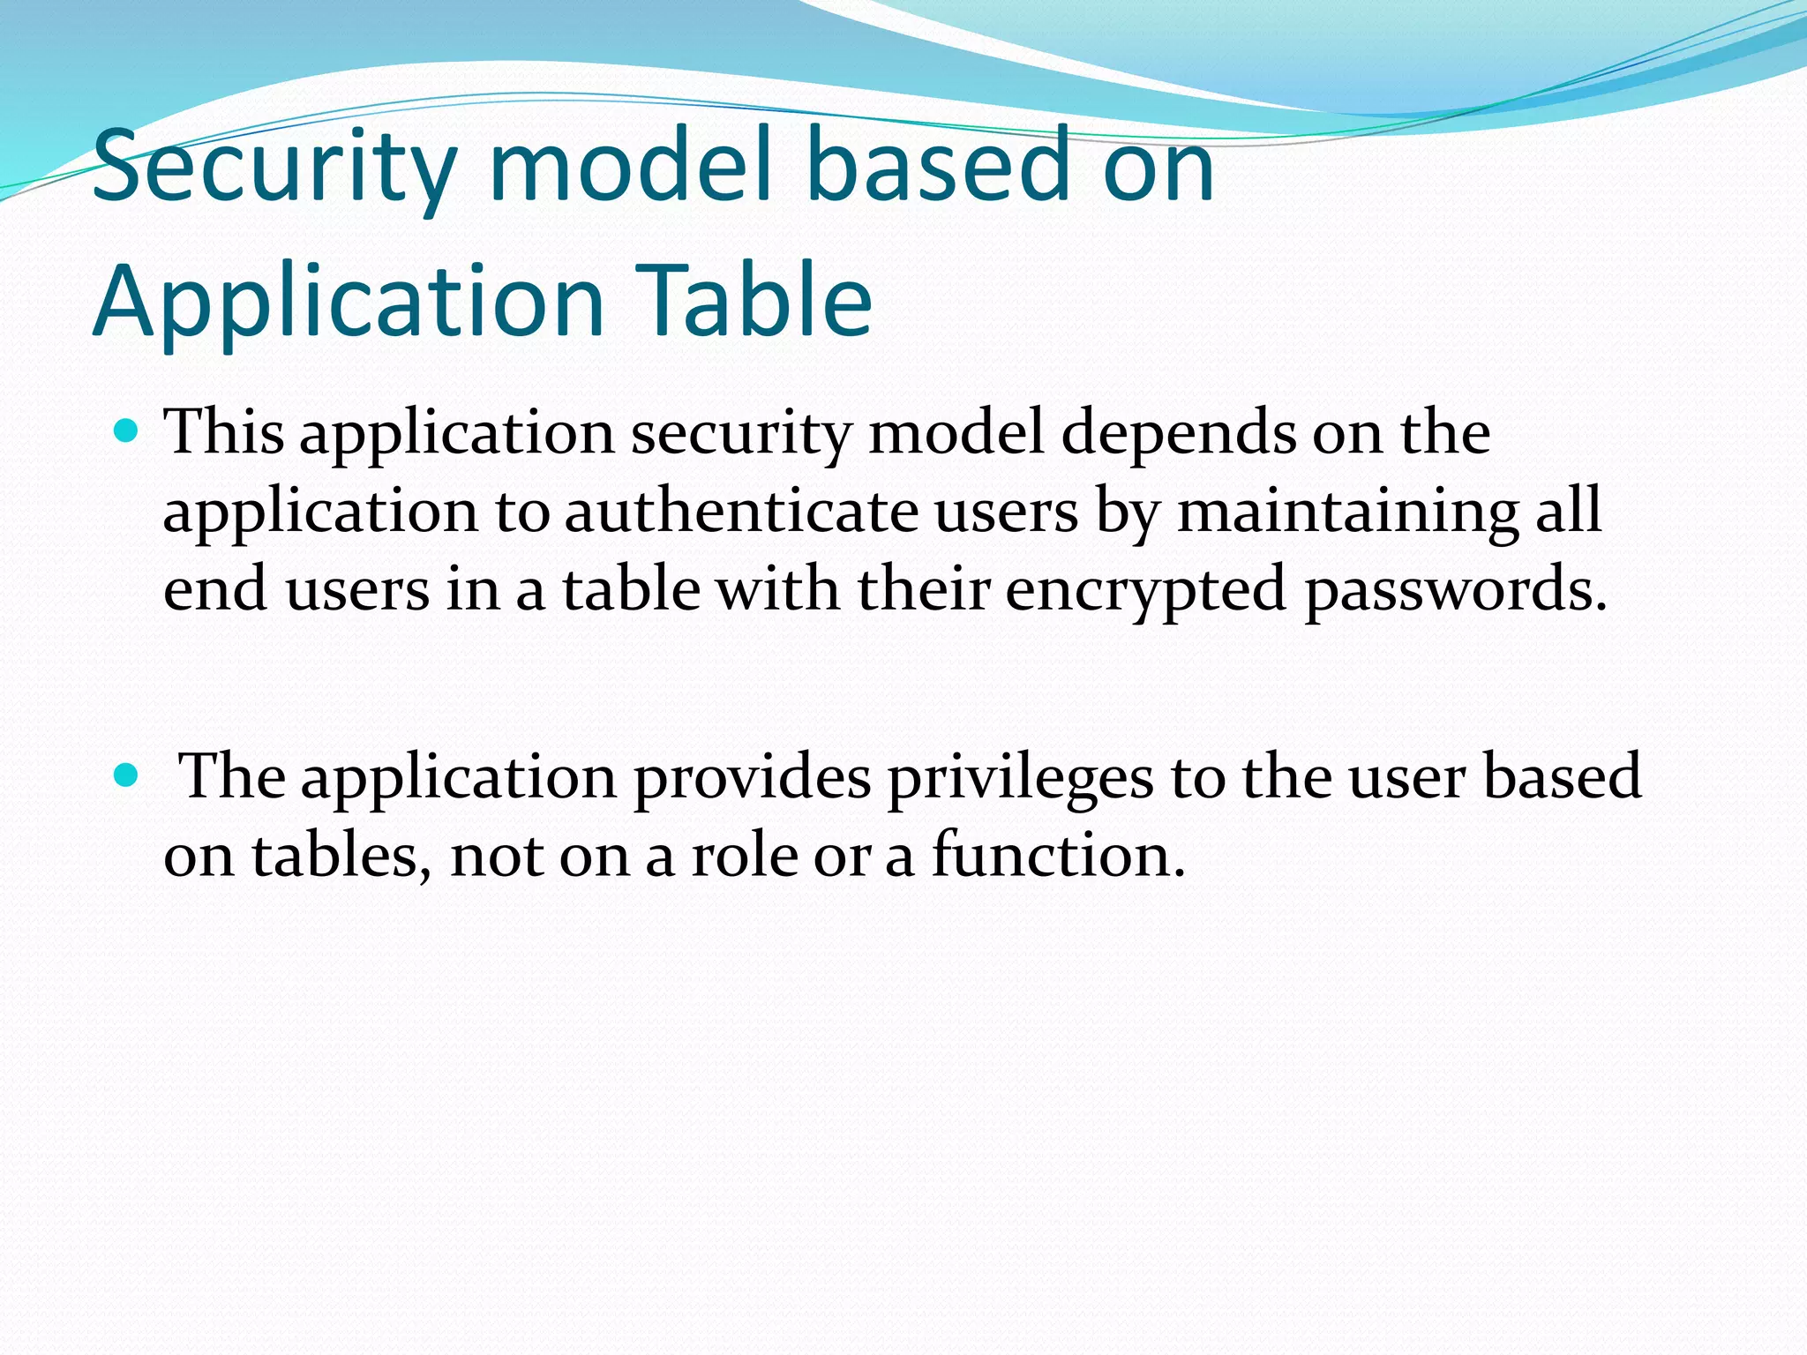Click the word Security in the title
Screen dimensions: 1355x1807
(x=274, y=165)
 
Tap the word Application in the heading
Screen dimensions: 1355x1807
(x=349, y=302)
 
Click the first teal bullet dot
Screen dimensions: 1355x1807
(x=127, y=431)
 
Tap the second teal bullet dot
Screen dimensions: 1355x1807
(x=127, y=775)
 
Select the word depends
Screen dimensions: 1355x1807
(x=1177, y=434)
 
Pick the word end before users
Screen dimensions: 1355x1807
(x=214, y=589)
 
